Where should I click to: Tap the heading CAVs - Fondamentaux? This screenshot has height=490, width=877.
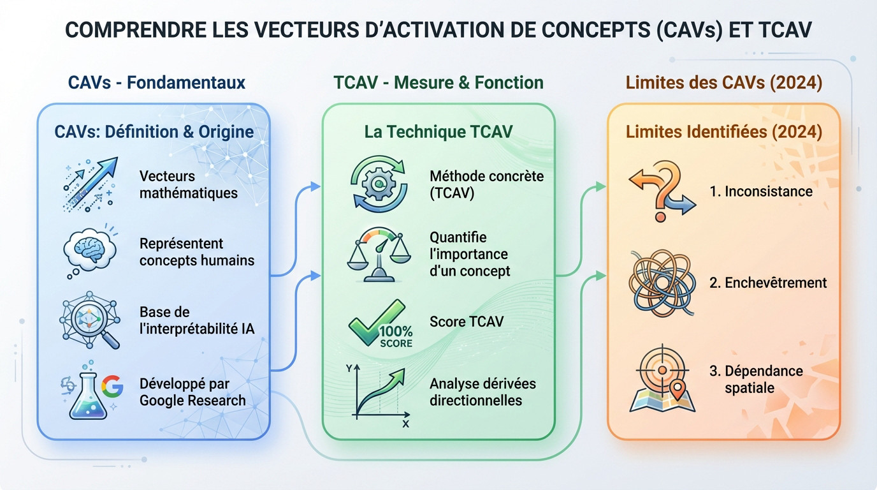(x=156, y=82)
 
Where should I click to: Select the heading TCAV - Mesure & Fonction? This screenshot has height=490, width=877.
(x=438, y=82)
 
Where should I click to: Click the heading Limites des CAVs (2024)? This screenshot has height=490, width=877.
(x=723, y=82)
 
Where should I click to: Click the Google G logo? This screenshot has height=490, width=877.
(x=112, y=387)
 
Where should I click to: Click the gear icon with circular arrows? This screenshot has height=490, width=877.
(x=377, y=185)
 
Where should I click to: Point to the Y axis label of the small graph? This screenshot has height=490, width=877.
(x=349, y=369)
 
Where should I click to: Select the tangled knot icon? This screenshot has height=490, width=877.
(x=661, y=282)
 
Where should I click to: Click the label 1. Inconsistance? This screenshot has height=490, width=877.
(x=761, y=191)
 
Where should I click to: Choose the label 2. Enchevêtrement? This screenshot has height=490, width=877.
(x=768, y=283)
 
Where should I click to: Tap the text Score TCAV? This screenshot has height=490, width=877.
(x=466, y=322)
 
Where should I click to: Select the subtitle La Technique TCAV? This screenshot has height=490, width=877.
(x=438, y=132)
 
